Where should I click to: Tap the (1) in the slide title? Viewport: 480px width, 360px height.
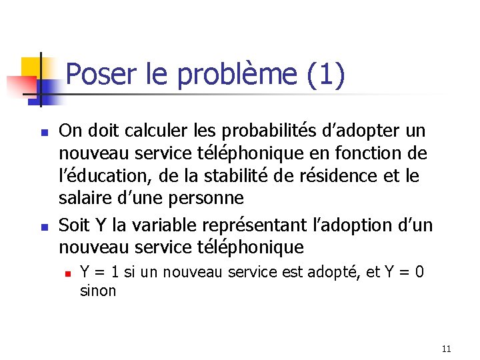pyautogui.click(x=326, y=75)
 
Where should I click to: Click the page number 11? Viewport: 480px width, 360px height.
pyautogui.click(x=446, y=348)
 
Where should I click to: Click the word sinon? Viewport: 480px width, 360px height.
pyautogui.click(x=97, y=291)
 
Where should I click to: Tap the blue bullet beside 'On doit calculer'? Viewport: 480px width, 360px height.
pyautogui.click(x=41, y=131)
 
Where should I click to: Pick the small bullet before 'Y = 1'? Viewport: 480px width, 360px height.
pyautogui.click(x=67, y=273)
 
